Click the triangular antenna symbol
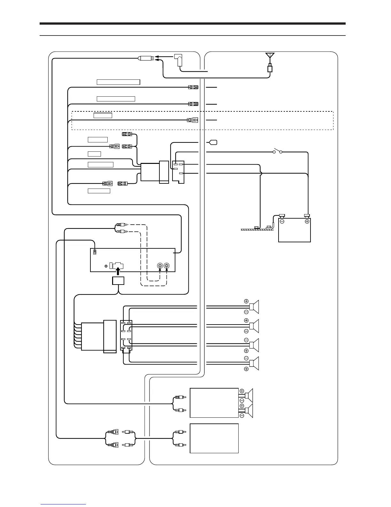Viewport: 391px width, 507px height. point(270,56)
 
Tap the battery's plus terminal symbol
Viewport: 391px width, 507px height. point(307,221)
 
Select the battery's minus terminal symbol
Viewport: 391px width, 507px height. point(282,221)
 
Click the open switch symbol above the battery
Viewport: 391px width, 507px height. point(277,152)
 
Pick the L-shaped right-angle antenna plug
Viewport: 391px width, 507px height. point(179,60)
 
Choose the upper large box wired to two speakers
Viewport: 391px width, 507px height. point(214,403)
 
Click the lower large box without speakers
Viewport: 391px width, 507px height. point(214,438)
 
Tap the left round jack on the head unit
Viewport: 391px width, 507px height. point(160,266)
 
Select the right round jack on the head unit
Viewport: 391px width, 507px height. point(167,266)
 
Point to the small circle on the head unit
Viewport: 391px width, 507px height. point(106,266)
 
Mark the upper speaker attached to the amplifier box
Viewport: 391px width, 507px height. point(248,396)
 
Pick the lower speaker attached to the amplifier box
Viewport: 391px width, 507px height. point(248,410)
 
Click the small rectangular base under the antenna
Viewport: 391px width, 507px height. point(270,68)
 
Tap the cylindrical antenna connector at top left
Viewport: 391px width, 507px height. point(146,58)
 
